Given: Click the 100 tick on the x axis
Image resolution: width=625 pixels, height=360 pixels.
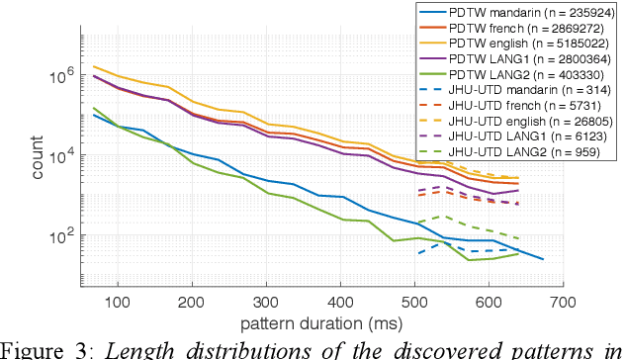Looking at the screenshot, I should click(118, 301).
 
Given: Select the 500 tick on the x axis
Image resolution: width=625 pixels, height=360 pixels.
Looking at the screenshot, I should click(414, 301).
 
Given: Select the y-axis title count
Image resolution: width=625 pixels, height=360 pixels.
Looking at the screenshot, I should click(37, 158).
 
